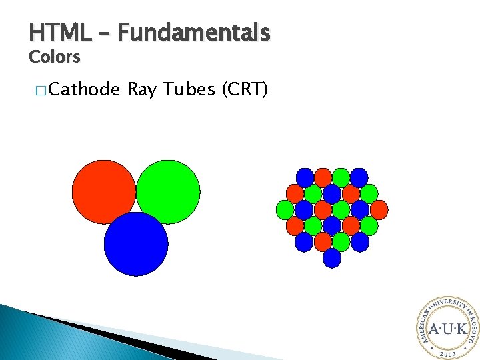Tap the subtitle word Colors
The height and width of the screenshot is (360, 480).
pyautogui.click(x=54, y=57)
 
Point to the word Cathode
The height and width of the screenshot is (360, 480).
pyautogui.click(x=84, y=89)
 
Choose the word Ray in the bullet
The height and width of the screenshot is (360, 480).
pyautogui.click(x=141, y=89)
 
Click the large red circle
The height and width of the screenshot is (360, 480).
pyautogui.click(x=103, y=191)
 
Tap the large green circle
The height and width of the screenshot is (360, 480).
pyautogui.click(x=168, y=191)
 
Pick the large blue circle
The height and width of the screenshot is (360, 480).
pyautogui.click(x=136, y=244)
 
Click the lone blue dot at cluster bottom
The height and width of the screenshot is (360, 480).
pyautogui.click(x=332, y=258)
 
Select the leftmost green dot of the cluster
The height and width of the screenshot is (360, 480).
pyautogui.click(x=285, y=209)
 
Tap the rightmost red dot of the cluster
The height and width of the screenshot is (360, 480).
pyautogui.click(x=379, y=209)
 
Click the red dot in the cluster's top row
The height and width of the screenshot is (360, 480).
pyautogui.click(x=323, y=177)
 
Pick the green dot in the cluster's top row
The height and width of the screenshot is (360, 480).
pyautogui.click(x=341, y=177)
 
